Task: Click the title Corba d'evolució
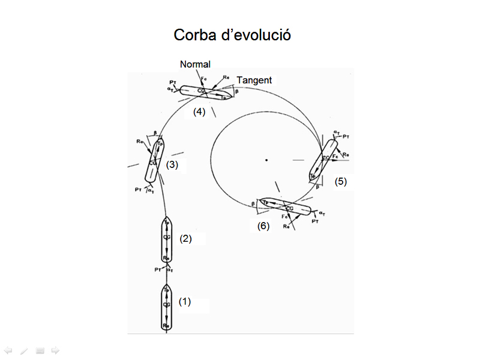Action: (232, 35)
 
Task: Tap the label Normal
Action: (196, 64)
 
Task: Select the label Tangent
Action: (254, 80)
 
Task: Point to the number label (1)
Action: (185, 302)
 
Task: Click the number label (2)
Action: (186, 238)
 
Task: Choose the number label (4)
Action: (199, 112)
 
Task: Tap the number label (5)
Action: (341, 182)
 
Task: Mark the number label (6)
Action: (263, 226)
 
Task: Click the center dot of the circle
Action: (266, 160)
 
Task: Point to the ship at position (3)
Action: (155, 161)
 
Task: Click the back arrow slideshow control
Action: (8, 350)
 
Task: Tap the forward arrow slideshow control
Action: (55, 350)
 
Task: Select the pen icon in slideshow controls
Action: (23, 350)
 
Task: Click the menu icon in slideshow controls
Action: (40, 350)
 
